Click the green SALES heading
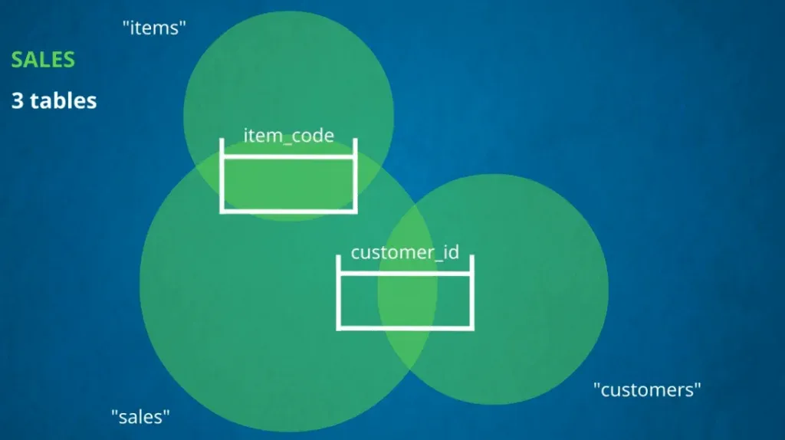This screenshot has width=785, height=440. click(x=43, y=60)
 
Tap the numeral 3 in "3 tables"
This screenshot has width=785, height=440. click(x=18, y=100)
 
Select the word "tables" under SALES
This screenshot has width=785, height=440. click(x=64, y=100)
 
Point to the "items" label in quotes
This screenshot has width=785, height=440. click(x=155, y=29)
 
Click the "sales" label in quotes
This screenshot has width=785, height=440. click(x=140, y=416)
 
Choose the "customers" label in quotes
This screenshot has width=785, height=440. click(x=648, y=389)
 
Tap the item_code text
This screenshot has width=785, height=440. click(x=288, y=136)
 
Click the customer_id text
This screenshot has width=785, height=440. click(x=405, y=252)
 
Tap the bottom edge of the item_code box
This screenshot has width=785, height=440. click(x=288, y=211)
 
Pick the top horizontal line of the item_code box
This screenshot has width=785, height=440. click(x=288, y=157)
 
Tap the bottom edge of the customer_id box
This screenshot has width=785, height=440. click(x=406, y=328)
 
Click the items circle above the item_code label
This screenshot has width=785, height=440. click(x=288, y=77)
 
